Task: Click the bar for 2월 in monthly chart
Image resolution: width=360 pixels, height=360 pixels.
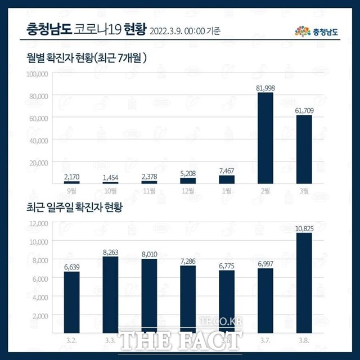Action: pyautogui.click(x=265, y=138)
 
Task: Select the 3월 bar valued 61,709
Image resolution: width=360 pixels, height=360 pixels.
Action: pyautogui.click(x=304, y=149)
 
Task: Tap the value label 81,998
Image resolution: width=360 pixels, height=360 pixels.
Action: pyautogui.click(x=265, y=87)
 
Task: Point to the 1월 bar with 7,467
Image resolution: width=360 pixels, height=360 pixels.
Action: pyautogui.click(x=227, y=179)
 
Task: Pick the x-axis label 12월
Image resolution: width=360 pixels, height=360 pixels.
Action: pyautogui.click(x=188, y=191)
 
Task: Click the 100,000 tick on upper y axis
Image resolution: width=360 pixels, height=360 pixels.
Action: pyautogui.click(x=38, y=74)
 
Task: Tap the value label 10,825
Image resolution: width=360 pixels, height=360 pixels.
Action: pyautogui.click(x=304, y=228)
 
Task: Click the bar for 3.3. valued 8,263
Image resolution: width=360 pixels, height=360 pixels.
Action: pyautogui.click(x=110, y=295)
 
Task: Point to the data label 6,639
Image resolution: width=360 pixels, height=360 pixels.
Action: pyautogui.click(x=71, y=267)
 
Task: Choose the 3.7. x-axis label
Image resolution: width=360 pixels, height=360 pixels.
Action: pyautogui.click(x=265, y=341)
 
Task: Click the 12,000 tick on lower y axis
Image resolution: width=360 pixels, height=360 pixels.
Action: pyautogui.click(x=39, y=223)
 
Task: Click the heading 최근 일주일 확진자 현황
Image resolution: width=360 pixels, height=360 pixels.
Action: pyautogui.click(x=74, y=208)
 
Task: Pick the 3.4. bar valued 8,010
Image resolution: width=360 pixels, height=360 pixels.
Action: pyautogui.click(x=149, y=296)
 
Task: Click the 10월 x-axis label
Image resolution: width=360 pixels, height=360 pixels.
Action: pyautogui.click(x=110, y=191)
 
